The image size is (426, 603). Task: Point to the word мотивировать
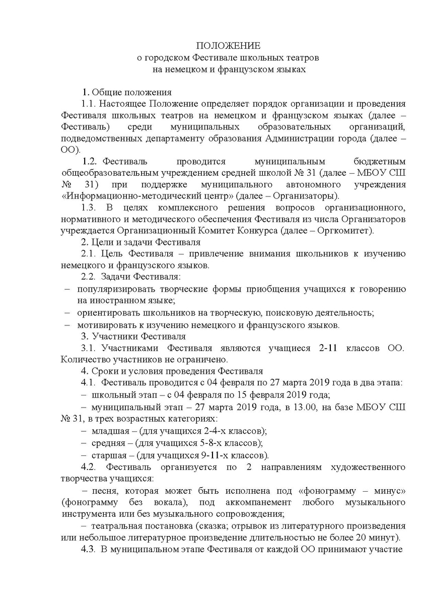coord(105,324)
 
